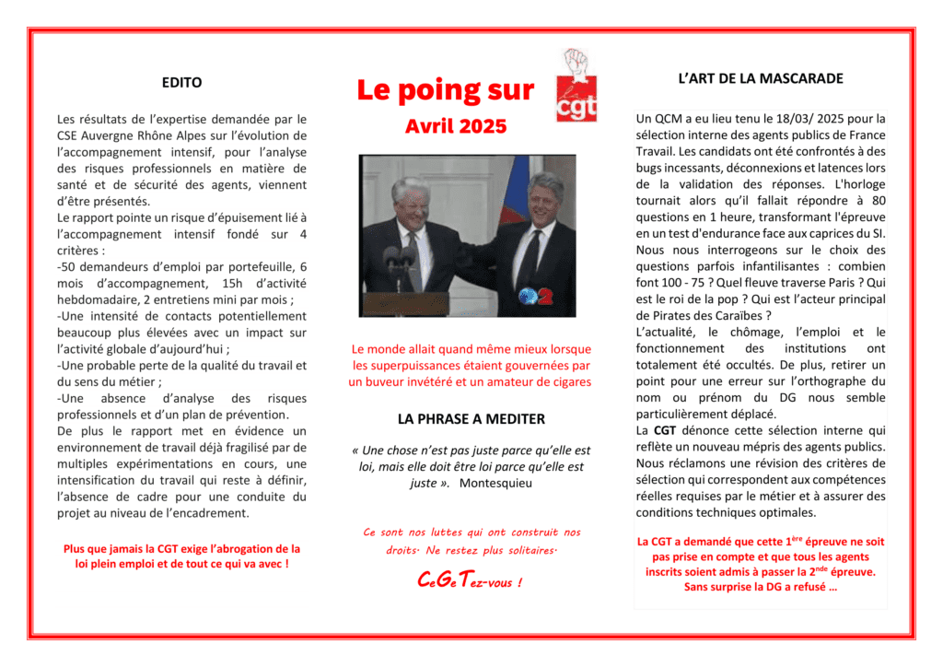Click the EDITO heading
pos(181,82)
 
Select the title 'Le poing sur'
pos(446,90)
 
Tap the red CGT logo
pos(577,87)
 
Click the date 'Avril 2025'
pos(456,126)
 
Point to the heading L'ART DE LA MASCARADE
pos(761,78)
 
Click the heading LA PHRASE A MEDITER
pos(471,418)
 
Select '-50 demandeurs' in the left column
pos(101,267)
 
